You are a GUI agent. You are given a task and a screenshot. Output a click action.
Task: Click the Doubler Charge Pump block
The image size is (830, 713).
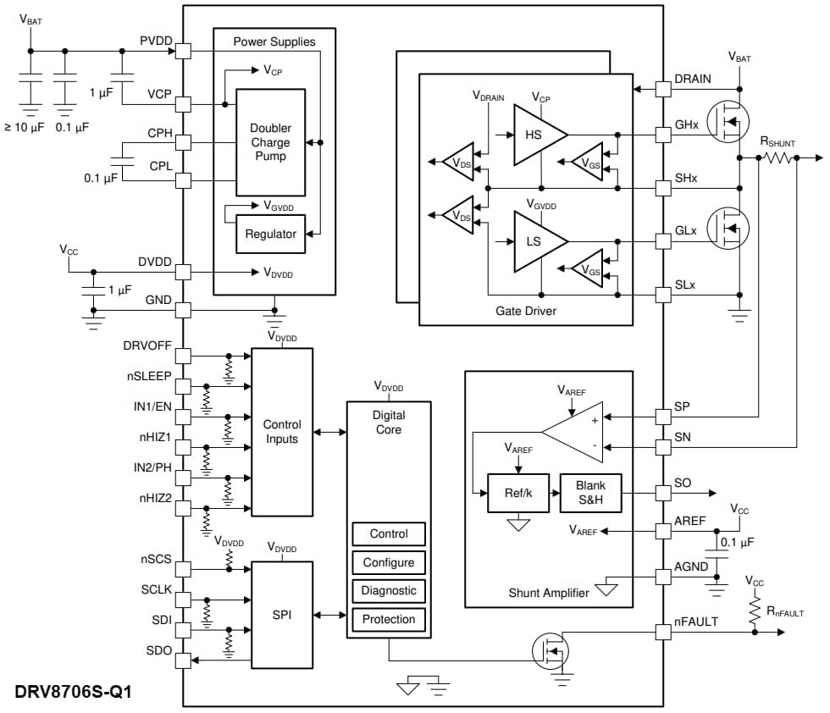pyautogui.click(x=270, y=142)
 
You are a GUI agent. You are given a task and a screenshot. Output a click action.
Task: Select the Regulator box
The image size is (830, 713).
pyautogui.click(x=270, y=234)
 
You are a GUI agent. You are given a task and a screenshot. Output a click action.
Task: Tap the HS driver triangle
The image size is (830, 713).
pyautogui.click(x=535, y=135)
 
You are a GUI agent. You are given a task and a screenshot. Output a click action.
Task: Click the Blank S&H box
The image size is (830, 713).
pyautogui.click(x=590, y=493)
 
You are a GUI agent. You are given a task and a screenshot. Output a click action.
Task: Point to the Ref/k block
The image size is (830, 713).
pyautogui.click(x=517, y=493)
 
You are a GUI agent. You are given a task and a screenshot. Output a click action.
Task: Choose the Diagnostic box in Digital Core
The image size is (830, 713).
pyautogui.click(x=389, y=590)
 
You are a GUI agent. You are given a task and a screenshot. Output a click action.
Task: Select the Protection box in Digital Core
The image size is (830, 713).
pyautogui.click(x=389, y=619)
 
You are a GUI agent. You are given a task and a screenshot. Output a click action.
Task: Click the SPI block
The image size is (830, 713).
pyautogui.click(x=281, y=615)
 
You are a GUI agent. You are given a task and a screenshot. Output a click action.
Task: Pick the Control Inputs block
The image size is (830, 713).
pyautogui.click(x=281, y=431)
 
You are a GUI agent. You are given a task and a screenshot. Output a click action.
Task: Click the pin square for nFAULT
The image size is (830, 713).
pyautogui.click(x=663, y=632)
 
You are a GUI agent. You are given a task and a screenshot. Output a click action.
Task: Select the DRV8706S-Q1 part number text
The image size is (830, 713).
pyautogui.click(x=73, y=691)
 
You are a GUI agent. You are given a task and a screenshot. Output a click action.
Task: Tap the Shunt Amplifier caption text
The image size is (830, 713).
pyautogui.click(x=549, y=593)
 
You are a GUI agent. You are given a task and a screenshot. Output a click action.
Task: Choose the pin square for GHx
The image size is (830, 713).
pyautogui.click(x=663, y=135)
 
